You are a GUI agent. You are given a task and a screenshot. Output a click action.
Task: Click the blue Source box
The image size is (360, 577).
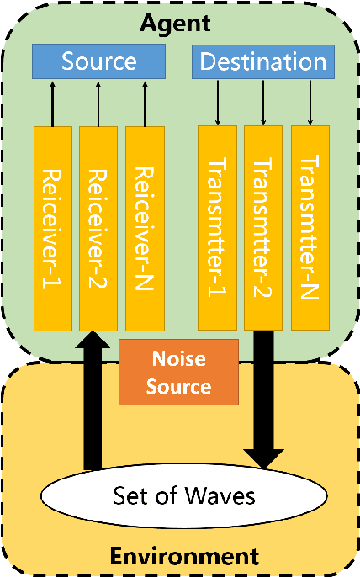pos(99,61)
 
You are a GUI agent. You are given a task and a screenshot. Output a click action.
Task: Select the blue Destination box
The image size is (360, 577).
pos(263,61)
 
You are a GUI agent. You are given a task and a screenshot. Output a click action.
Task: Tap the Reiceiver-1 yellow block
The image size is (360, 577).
pos(52,227)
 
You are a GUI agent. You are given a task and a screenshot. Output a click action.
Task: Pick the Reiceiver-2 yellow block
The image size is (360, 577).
pos(98,227)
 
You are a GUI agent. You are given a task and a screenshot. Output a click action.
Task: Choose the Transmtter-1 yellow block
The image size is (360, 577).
pos(217,227)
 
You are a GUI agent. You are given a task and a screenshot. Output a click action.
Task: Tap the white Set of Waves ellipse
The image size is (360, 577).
pos(183,494)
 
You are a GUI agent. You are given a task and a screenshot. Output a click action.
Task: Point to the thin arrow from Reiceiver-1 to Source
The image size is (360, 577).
pos(52,103)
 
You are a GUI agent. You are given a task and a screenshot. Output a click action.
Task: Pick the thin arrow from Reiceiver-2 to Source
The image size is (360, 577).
pos(98,103)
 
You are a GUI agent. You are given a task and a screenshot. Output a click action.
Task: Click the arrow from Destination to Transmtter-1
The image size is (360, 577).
pos(217,103)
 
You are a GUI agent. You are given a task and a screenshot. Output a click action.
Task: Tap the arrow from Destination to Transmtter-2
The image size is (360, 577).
pos(264,103)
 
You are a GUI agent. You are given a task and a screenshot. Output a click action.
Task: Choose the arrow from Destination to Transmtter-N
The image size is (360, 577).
pos(311,103)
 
